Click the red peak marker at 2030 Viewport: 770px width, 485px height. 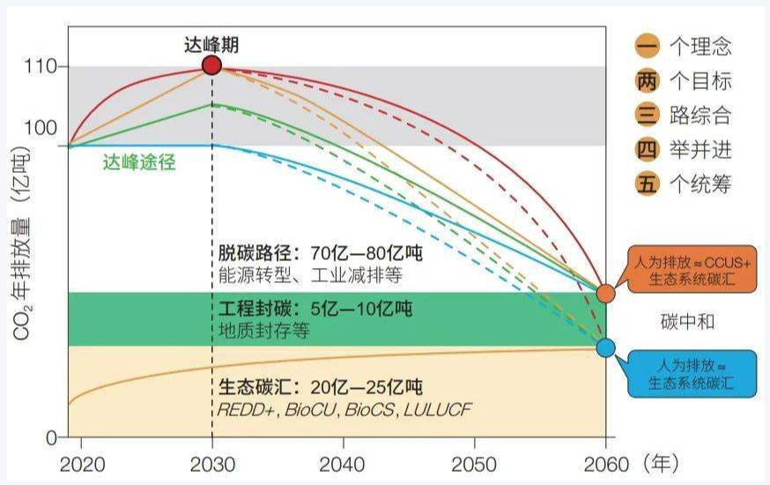coord(211,65)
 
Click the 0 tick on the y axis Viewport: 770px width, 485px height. coord(51,437)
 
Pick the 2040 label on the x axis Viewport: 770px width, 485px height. coord(343,464)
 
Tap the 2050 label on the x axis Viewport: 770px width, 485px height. coord(474,464)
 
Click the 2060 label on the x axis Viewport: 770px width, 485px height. coord(605,464)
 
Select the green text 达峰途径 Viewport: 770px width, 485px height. coord(139,162)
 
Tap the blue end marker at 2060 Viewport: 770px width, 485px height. coord(605,347)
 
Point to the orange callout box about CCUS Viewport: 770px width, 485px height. coord(691,269)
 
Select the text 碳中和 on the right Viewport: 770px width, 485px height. coord(686,321)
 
